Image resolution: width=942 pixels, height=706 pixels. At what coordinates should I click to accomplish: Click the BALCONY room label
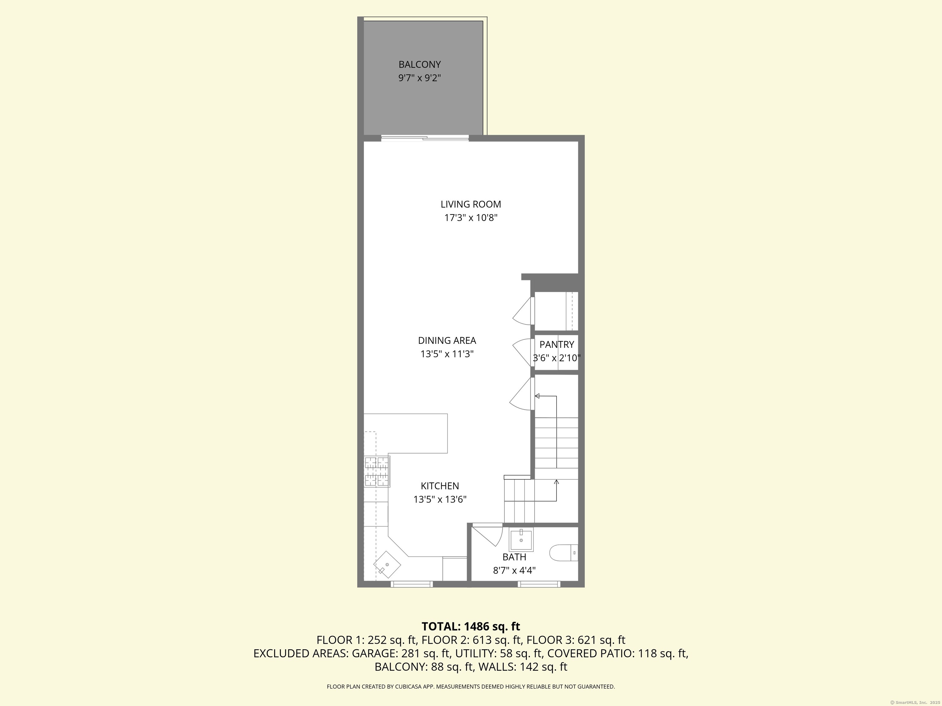point(419,65)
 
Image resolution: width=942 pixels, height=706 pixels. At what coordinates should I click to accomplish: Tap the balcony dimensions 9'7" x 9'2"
point(419,78)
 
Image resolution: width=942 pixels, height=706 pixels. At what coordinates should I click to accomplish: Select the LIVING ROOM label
point(471,204)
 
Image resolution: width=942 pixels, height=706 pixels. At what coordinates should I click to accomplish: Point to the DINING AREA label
point(447,340)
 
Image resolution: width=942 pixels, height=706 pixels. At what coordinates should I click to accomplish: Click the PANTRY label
point(557,344)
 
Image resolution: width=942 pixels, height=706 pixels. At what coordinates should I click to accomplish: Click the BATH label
point(514,557)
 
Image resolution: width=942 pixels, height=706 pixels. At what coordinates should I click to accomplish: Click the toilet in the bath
point(563,553)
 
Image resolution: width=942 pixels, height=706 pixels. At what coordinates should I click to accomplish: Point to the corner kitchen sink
point(387,565)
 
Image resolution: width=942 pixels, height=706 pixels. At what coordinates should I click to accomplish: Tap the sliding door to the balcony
point(425,138)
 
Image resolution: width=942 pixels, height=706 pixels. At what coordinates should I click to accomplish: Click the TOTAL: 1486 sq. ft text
point(471,626)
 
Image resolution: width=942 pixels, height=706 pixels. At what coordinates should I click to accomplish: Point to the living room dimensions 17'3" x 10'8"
point(471,218)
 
